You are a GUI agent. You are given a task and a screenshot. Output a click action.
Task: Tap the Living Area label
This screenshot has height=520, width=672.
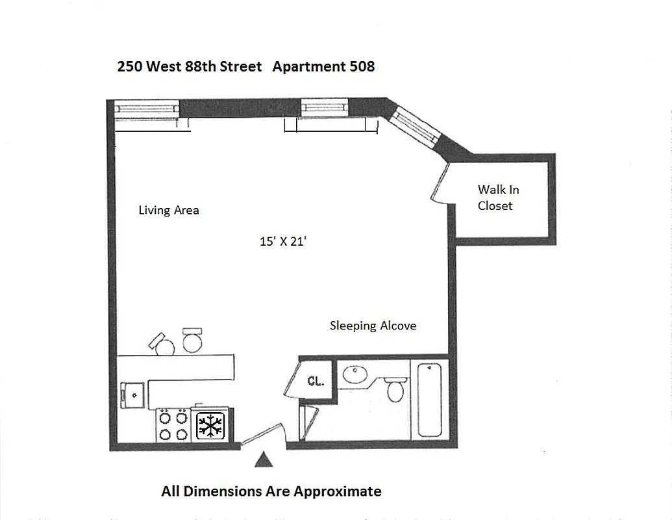pos(169,210)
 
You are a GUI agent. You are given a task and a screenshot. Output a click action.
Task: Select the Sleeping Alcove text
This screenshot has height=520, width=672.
pos(373,326)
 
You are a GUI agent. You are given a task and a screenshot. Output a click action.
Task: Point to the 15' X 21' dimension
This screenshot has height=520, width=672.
pos(282,241)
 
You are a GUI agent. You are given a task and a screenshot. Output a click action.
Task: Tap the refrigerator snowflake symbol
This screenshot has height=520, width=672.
pos(210,426)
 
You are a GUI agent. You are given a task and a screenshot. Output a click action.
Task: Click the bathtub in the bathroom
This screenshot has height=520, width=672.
pos(430,400)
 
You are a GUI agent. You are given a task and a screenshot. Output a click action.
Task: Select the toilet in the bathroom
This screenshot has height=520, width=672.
pos(395,389)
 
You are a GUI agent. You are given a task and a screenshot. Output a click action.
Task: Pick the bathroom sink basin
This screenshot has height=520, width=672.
pos(355,375)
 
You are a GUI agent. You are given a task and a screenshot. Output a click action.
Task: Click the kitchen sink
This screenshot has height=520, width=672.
pos(133,394)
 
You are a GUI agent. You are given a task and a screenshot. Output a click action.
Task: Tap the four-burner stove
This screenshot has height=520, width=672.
pos(173,426)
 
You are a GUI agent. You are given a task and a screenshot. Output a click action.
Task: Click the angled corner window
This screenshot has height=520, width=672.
pos(414,128)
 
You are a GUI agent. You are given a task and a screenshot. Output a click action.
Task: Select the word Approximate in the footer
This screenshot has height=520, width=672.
pos(338,491)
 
